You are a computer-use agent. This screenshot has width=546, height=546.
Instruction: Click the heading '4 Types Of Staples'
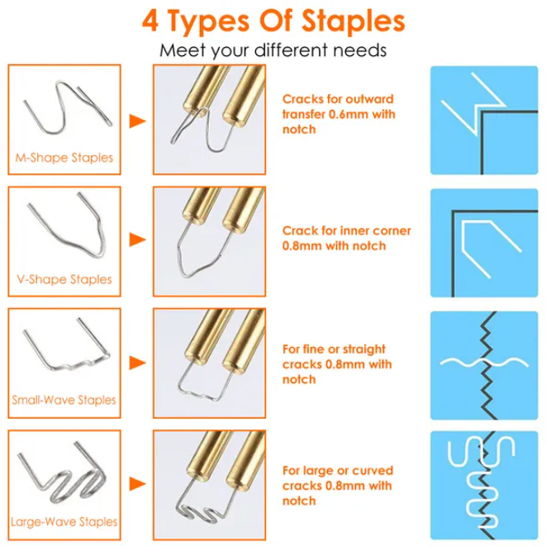(x=273, y=21)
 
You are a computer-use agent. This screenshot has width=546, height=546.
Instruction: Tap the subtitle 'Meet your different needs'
(x=273, y=50)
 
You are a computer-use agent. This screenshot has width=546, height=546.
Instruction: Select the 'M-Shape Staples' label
(x=64, y=158)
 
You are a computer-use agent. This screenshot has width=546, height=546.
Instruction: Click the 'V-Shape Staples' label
(x=64, y=279)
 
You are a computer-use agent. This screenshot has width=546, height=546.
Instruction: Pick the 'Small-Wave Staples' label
(x=64, y=400)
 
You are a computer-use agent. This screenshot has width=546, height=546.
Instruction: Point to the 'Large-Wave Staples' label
(x=64, y=521)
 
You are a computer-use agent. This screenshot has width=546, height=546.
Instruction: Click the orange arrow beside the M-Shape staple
(x=137, y=121)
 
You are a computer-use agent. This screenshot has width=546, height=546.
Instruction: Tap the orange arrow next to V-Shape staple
(x=137, y=240)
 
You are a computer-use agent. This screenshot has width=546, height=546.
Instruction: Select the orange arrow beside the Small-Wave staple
(x=137, y=363)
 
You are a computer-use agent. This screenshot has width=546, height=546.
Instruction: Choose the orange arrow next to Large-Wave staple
(x=137, y=484)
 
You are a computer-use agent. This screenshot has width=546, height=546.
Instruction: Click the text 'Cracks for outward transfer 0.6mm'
(x=339, y=107)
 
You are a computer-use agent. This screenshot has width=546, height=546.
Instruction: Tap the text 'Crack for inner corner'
(x=346, y=230)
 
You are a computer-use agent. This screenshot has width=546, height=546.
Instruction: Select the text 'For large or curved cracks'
(x=338, y=478)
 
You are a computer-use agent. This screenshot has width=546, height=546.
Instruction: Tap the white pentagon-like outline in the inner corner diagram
(x=463, y=244)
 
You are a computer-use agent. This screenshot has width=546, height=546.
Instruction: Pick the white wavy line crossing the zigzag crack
(x=484, y=363)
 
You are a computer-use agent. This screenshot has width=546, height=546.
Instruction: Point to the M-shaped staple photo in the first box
(x=64, y=108)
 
